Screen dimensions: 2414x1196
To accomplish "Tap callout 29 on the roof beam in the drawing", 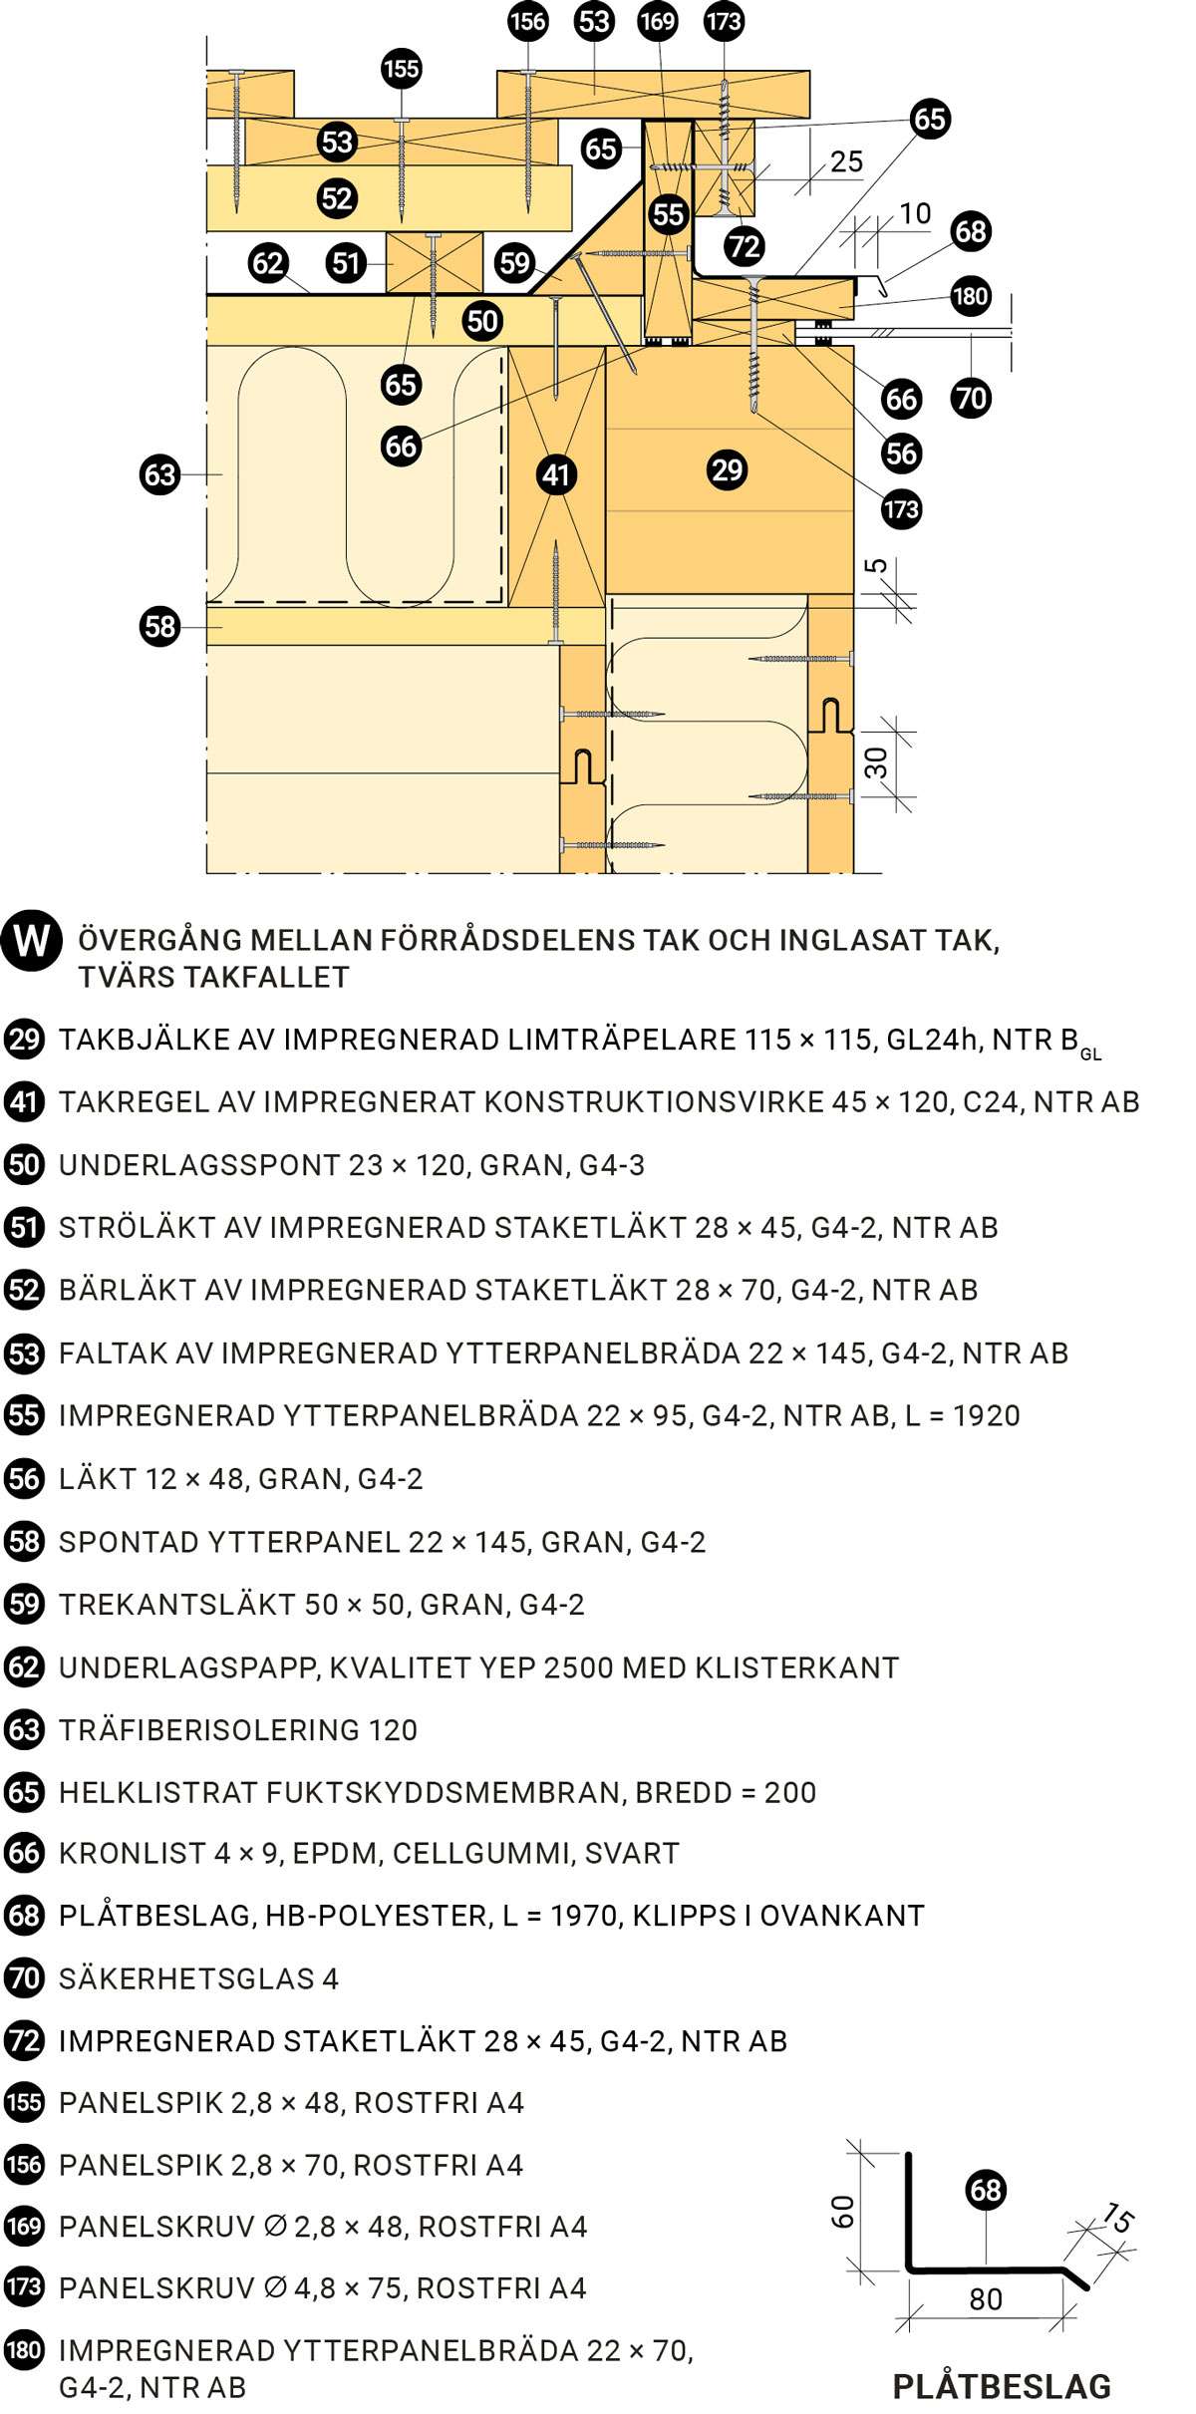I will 727,469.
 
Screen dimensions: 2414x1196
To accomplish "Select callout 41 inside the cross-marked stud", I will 555,474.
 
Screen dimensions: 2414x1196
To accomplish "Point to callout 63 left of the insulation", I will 159,474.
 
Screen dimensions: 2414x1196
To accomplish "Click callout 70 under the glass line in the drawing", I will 971,399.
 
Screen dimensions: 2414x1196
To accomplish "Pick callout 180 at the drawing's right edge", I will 970,296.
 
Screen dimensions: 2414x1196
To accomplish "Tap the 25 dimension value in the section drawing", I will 846,161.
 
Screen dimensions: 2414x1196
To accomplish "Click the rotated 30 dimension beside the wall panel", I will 876,762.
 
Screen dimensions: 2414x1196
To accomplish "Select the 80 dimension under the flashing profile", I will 985,2298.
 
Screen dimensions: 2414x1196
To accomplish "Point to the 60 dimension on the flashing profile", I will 843,2212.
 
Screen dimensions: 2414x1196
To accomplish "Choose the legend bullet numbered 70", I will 24,1977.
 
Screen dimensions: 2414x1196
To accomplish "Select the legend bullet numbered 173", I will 24,2287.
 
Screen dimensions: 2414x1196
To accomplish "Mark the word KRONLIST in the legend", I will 132,1853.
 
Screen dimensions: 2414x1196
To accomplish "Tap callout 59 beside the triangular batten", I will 514,263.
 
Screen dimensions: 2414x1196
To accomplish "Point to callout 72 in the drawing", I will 744,246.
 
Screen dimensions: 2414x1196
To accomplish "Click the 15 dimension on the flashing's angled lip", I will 1118,2217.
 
